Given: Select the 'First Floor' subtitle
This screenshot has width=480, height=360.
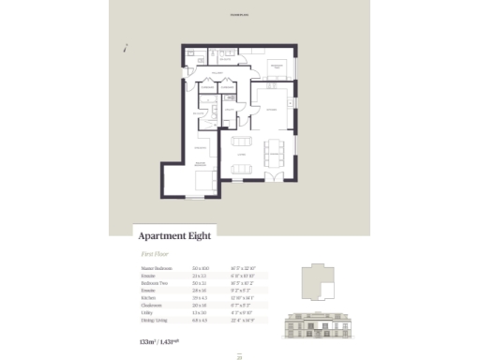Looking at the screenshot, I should coord(154,254).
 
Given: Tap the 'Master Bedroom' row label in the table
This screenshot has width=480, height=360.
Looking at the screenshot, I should coord(154,267).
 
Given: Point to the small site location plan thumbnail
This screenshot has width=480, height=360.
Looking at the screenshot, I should coord(317,281).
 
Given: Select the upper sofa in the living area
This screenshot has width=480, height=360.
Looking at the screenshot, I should coord(241,142).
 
